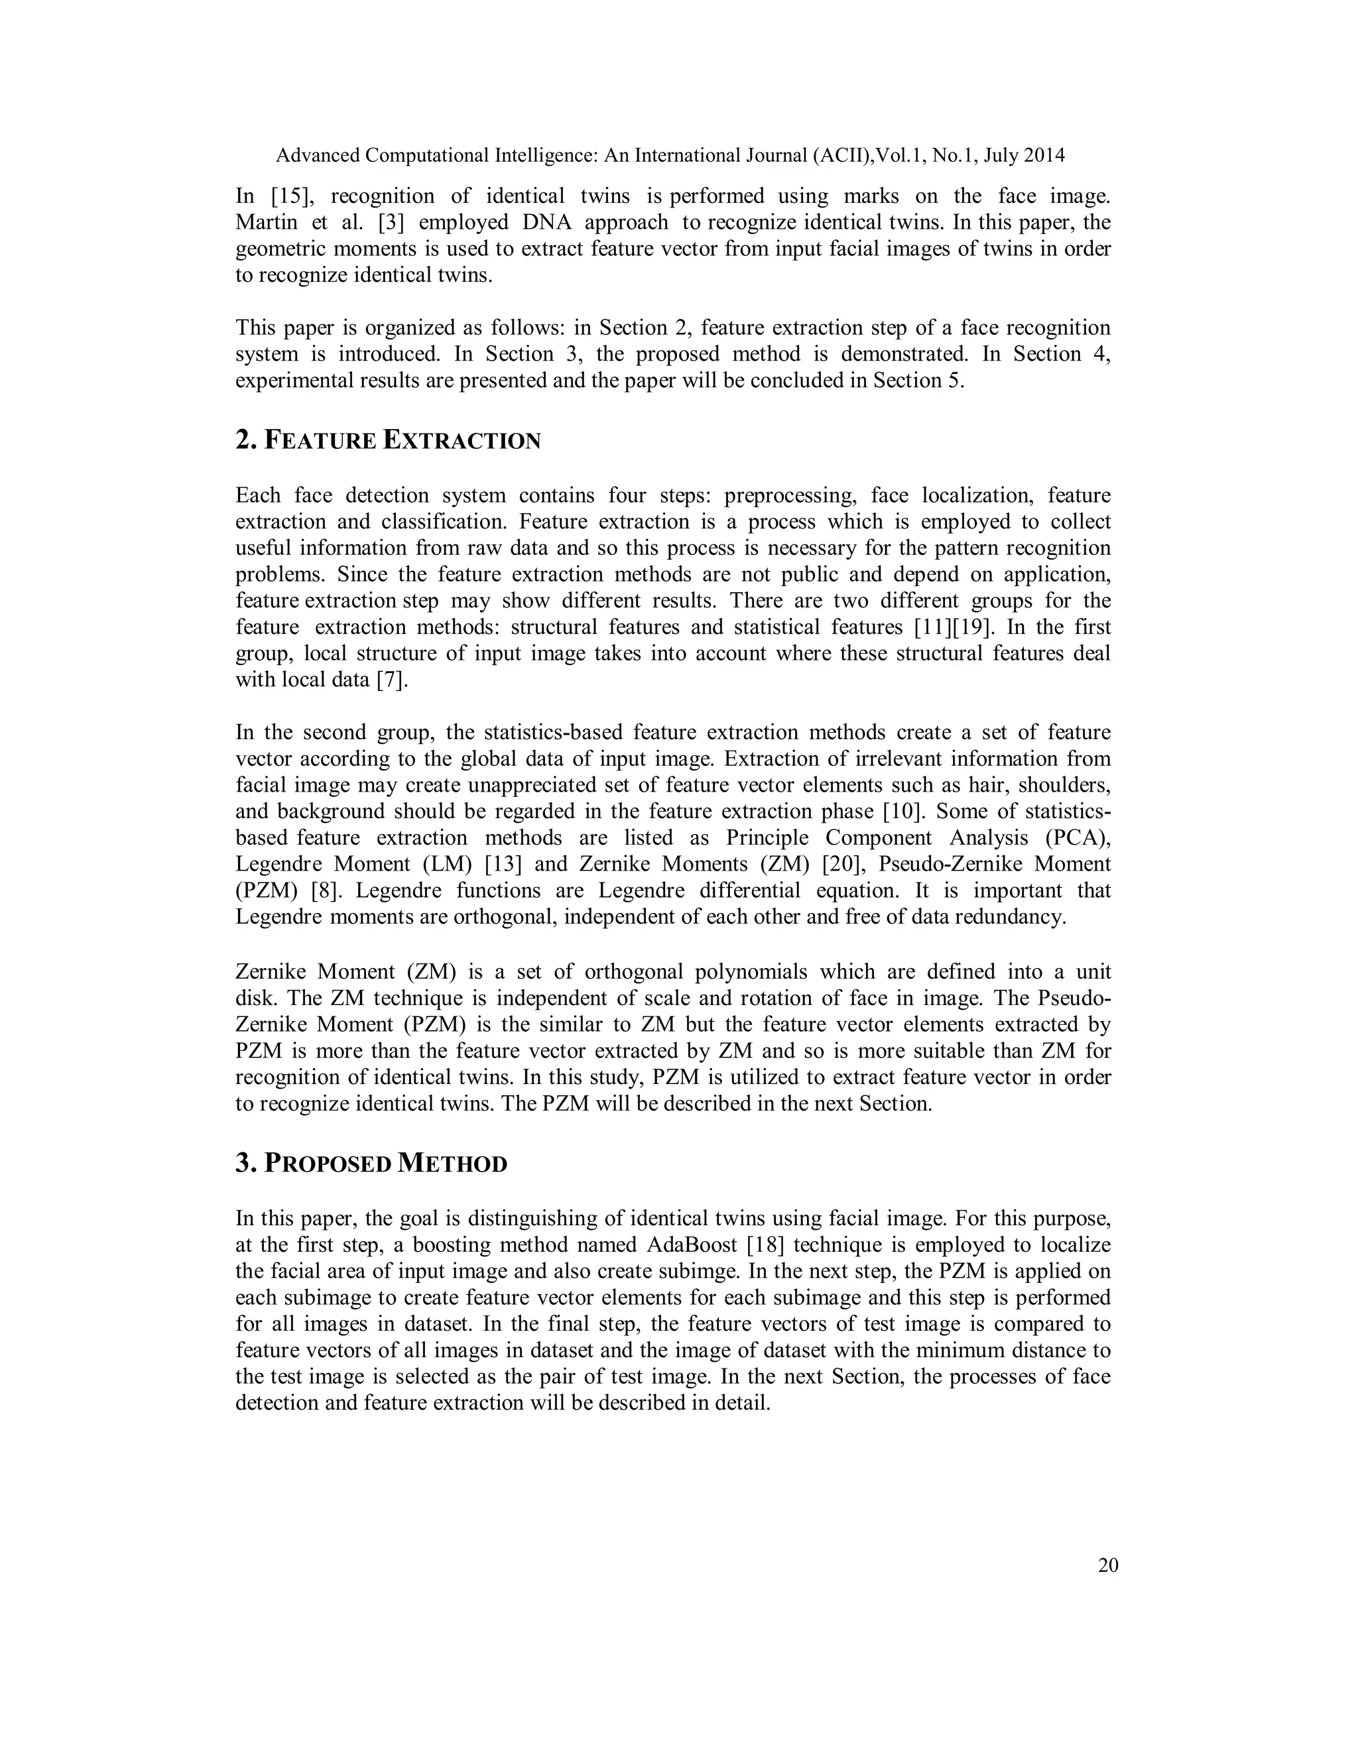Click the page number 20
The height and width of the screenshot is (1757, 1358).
click(x=1108, y=1565)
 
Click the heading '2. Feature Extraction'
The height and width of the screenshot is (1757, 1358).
click(x=388, y=441)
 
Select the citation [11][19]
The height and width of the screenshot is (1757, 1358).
click(x=955, y=627)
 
